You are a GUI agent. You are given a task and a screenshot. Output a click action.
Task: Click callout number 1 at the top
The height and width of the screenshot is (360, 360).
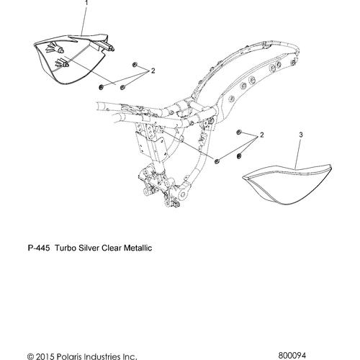pyautogui.click(x=86, y=3)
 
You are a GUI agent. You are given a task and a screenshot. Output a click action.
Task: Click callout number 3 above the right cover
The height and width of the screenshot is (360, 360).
pyautogui.click(x=301, y=135)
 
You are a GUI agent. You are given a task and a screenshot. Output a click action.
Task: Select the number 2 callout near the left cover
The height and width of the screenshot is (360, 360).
pyautogui.click(x=153, y=71)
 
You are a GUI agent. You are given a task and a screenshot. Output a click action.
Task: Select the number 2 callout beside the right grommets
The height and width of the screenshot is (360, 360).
pyautogui.click(x=261, y=135)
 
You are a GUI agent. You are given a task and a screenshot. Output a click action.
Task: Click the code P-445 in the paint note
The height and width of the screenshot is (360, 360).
pyautogui.click(x=39, y=248)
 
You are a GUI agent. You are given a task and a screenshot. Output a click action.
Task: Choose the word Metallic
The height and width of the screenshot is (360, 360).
pyautogui.click(x=138, y=248)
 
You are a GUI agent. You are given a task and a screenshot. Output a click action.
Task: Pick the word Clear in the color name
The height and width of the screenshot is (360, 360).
pyautogui.click(x=112, y=248)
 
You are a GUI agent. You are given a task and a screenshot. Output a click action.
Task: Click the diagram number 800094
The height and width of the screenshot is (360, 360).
pyautogui.click(x=292, y=355)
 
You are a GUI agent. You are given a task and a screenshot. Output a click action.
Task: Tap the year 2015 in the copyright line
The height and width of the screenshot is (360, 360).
pyautogui.click(x=43, y=356)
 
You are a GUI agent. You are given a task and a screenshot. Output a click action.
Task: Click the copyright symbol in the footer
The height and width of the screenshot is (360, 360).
pyautogui.click(x=30, y=356)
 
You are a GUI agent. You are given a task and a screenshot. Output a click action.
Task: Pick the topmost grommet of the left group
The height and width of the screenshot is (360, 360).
pyautogui.click(x=135, y=64)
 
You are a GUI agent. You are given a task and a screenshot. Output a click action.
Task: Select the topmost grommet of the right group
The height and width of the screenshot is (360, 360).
pyautogui.click(x=239, y=132)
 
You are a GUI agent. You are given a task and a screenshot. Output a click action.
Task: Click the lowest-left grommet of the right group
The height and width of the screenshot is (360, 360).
pyautogui.click(x=217, y=161)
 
